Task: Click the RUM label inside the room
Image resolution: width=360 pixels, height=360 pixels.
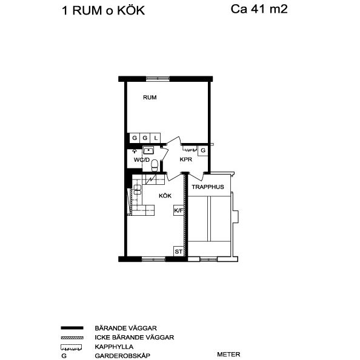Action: click(x=150, y=98)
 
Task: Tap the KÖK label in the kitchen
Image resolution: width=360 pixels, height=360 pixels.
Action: click(x=165, y=196)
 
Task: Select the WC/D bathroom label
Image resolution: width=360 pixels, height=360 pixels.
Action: click(x=141, y=159)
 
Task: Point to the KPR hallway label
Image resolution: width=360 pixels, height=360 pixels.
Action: click(x=186, y=159)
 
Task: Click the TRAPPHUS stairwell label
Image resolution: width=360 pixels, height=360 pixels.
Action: click(x=208, y=187)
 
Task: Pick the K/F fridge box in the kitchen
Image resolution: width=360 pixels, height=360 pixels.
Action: click(x=179, y=210)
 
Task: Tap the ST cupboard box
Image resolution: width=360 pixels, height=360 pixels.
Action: click(x=179, y=251)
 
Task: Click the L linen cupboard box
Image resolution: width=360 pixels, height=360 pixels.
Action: click(x=155, y=138)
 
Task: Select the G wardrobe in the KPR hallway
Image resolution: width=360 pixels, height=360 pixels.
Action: click(x=203, y=150)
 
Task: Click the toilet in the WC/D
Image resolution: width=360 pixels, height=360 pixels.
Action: click(x=155, y=164)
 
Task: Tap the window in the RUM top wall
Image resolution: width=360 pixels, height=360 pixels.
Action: click(x=159, y=78)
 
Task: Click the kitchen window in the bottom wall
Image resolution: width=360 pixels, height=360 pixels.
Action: click(x=153, y=259)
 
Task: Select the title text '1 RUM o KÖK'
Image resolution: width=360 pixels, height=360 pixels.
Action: click(x=103, y=10)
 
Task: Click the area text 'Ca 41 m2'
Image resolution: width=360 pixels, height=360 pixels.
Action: click(x=259, y=9)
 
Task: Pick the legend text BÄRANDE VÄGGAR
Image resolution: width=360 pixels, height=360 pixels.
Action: click(x=126, y=327)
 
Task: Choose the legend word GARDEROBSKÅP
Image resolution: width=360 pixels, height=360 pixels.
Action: click(x=122, y=356)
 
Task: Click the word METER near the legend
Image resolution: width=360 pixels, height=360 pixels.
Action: click(x=228, y=355)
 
